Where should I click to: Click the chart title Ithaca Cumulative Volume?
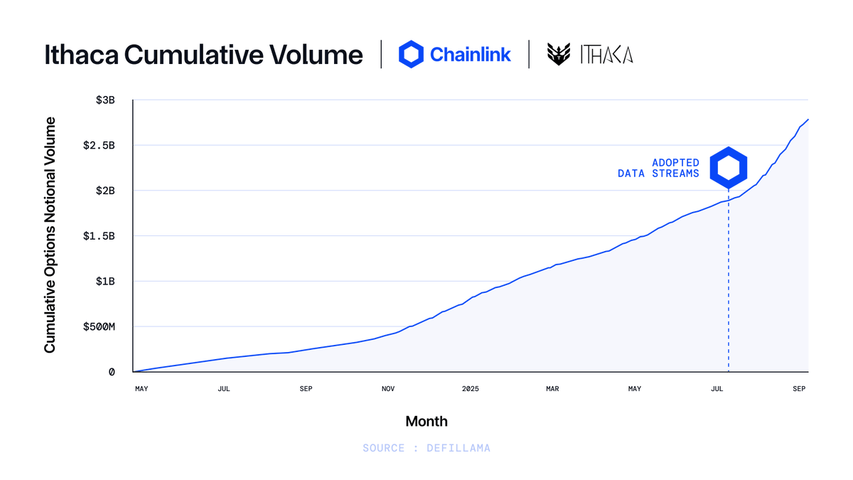[x=203, y=55]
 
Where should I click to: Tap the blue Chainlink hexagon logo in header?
[x=411, y=54]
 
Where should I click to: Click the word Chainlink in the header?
[x=470, y=54]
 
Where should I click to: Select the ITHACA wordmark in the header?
[x=606, y=55]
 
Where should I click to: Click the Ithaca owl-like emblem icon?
[x=559, y=55]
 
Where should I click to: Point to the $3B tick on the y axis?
[x=105, y=100]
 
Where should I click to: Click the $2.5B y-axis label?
[x=99, y=146]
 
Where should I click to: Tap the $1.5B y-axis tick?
[x=99, y=236]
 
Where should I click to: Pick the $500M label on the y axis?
[x=99, y=326]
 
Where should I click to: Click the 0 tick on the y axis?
[x=112, y=372]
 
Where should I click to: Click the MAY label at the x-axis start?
[x=141, y=389]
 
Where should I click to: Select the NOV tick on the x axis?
[x=388, y=389]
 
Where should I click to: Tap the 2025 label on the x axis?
[x=471, y=389]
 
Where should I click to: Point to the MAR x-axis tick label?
[x=552, y=389]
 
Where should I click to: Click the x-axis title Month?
[x=426, y=421]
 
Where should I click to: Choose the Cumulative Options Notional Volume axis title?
[x=50, y=235]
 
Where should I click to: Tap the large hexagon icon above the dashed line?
[x=729, y=168]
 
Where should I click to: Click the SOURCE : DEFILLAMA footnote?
[x=426, y=448]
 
